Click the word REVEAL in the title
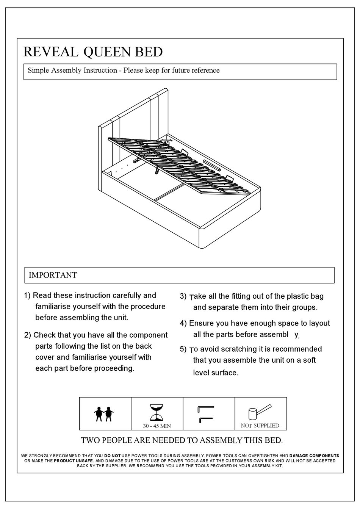tap(51, 52)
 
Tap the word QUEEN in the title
tap(103, 52)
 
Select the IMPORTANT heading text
tap(53, 275)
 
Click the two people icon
tap(104, 413)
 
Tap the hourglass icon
tap(157, 412)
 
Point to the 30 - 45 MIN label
tap(157, 426)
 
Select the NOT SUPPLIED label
tap(260, 426)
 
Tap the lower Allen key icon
tap(205, 419)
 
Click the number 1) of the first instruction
tap(27, 296)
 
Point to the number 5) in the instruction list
tap(183, 349)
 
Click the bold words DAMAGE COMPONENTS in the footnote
tap(314, 456)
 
